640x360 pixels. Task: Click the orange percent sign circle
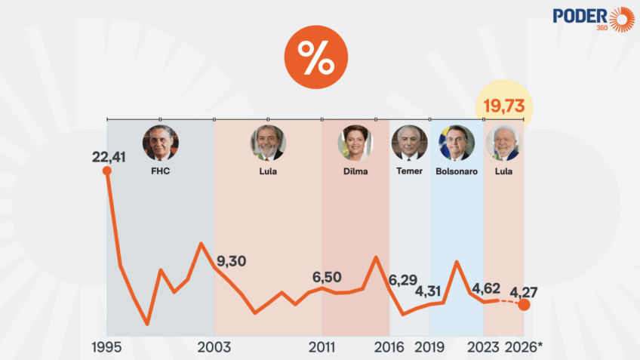[x=315, y=57]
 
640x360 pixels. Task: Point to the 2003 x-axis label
[x=214, y=347]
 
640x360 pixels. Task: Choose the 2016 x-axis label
[x=389, y=347]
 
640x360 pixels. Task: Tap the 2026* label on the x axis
[x=522, y=347]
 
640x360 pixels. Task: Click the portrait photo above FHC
[x=160, y=143]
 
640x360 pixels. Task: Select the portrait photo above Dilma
[x=355, y=143]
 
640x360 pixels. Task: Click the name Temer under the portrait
[x=409, y=171]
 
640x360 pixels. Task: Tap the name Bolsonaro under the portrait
[x=456, y=171]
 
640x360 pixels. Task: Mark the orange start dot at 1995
[x=107, y=171]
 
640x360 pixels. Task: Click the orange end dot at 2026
[x=524, y=306]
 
